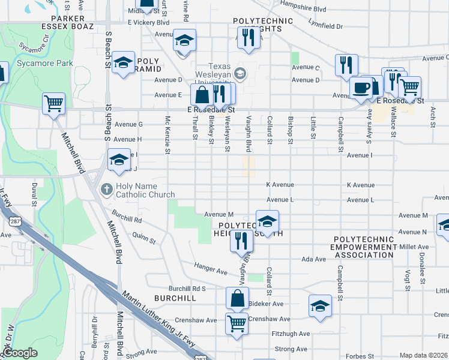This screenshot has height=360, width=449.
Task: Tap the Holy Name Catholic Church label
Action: pyautogui.click(x=143, y=190)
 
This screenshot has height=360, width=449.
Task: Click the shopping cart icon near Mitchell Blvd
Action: pyautogui.click(x=54, y=104)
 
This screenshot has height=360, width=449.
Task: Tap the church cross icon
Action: pyautogui.click(x=106, y=190)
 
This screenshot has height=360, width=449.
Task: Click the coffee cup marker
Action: pyautogui.click(x=361, y=87)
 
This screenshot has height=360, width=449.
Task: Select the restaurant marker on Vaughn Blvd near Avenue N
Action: pyautogui.click(x=241, y=241)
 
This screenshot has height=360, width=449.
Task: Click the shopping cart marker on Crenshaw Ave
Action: pyautogui.click(x=237, y=323)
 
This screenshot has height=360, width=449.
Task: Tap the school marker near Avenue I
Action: pyautogui.click(x=119, y=160)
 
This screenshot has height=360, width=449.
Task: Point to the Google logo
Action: pyautogui.click(x=20, y=353)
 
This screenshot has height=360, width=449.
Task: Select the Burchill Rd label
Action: pyautogui.click(x=126, y=220)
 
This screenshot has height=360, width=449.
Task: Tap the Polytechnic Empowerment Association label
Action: pyautogui.click(x=364, y=247)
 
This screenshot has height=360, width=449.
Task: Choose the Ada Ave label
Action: pyautogui.click(x=313, y=259)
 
